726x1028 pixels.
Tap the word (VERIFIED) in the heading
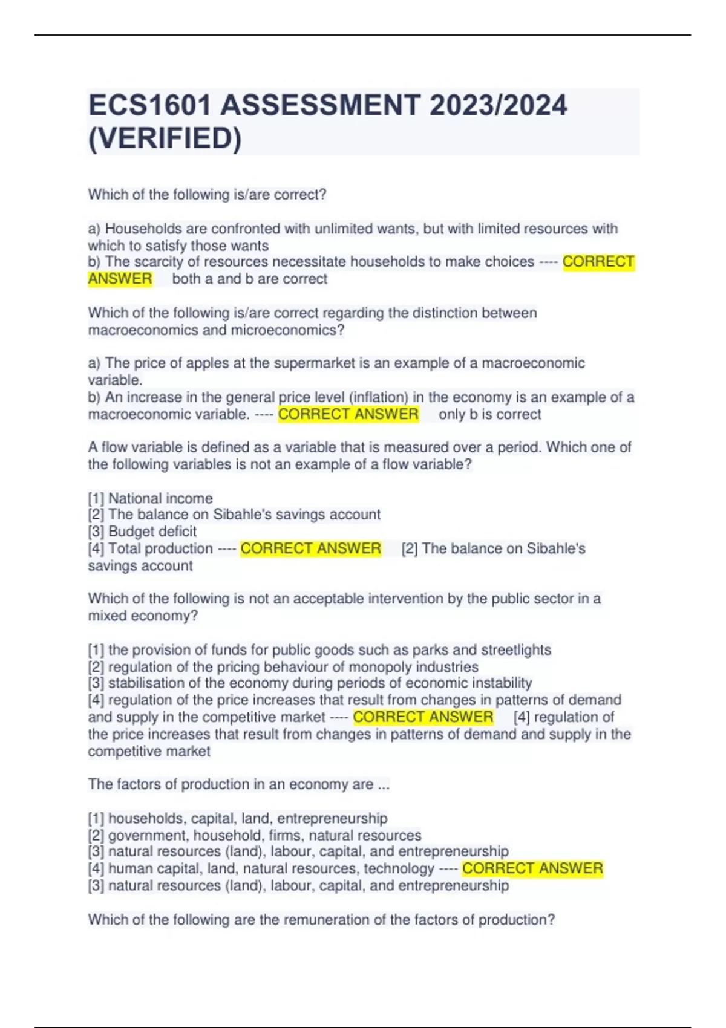(165, 138)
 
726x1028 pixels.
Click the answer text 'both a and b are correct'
(249, 279)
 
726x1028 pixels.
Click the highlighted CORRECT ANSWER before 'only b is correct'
(348, 414)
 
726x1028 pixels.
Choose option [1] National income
(150, 498)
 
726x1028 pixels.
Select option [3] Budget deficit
(142, 532)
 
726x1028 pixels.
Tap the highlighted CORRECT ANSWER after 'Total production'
(310, 548)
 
